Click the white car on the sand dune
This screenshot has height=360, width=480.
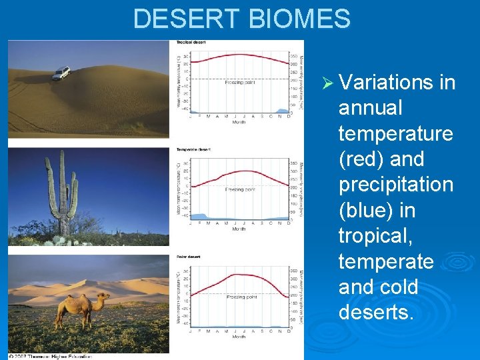tap(61, 73)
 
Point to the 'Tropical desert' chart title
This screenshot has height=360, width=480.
tap(191, 43)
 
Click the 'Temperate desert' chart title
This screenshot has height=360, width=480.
tap(193, 149)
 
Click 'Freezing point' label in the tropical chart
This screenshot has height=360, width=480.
tap(239, 83)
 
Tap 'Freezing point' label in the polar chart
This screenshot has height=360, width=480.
tap(241, 297)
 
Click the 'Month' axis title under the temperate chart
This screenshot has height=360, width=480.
tap(239, 229)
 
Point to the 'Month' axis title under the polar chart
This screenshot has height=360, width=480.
tap(239, 337)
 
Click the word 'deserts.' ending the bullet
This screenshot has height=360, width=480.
tap(376, 312)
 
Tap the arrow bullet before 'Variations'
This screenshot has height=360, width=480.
tap(327, 83)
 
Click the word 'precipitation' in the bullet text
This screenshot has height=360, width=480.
tap(395, 185)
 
